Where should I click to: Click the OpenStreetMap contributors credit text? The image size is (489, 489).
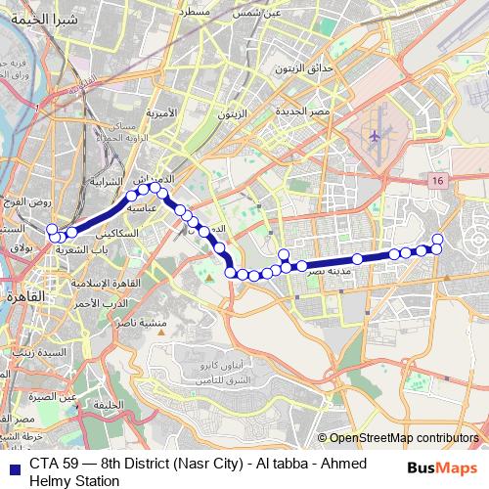(404, 438)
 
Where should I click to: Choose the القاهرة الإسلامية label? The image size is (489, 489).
(96, 282)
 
